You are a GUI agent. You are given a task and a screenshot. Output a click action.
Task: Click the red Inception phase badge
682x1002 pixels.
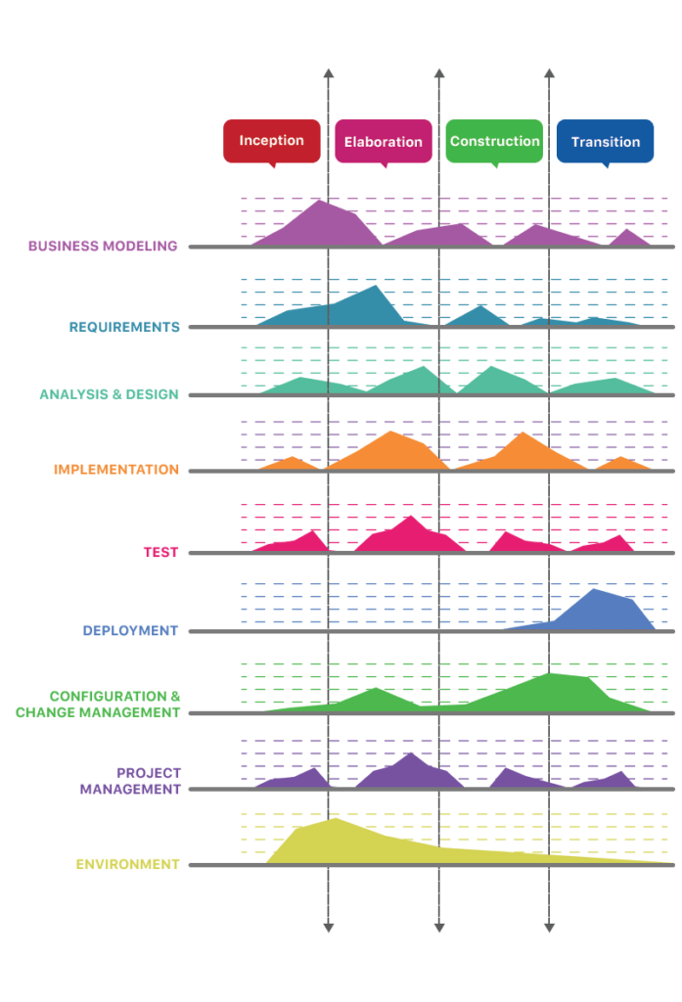click(271, 141)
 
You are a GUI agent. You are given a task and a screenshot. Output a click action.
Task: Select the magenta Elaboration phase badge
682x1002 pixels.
click(383, 141)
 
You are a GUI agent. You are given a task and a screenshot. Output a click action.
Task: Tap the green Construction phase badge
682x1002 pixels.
click(494, 141)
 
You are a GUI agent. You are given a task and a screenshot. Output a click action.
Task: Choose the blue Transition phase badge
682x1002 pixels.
click(605, 141)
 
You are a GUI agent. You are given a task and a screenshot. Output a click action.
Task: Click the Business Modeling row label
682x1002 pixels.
click(103, 246)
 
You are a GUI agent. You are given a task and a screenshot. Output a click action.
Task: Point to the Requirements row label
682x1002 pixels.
click(124, 327)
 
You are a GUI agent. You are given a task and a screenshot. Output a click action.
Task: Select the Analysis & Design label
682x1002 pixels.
click(109, 394)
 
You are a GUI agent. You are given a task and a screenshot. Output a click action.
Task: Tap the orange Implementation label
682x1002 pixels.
click(116, 470)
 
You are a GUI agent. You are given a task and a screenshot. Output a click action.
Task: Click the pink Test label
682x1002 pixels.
click(160, 552)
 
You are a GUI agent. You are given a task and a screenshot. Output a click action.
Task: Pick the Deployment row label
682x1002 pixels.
click(130, 631)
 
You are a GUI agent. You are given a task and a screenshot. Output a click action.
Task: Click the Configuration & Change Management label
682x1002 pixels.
click(98, 704)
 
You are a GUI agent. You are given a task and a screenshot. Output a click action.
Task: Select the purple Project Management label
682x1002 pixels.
click(130, 781)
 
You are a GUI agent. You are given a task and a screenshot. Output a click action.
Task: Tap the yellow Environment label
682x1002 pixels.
click(128, 864)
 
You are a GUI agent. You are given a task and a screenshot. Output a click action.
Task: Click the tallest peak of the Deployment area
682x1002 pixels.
click(594, 591)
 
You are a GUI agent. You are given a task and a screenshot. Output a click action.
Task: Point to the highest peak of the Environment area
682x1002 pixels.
click(336, 819)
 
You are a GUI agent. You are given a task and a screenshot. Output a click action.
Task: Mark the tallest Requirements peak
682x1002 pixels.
click(373, 287)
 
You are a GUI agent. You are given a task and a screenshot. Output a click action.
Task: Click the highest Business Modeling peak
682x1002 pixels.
click(320, 201)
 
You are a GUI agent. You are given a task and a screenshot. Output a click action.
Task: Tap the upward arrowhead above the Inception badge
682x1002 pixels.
click(328, 74)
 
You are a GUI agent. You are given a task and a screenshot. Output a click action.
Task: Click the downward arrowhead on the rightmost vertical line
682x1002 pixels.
click(549, 926)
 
